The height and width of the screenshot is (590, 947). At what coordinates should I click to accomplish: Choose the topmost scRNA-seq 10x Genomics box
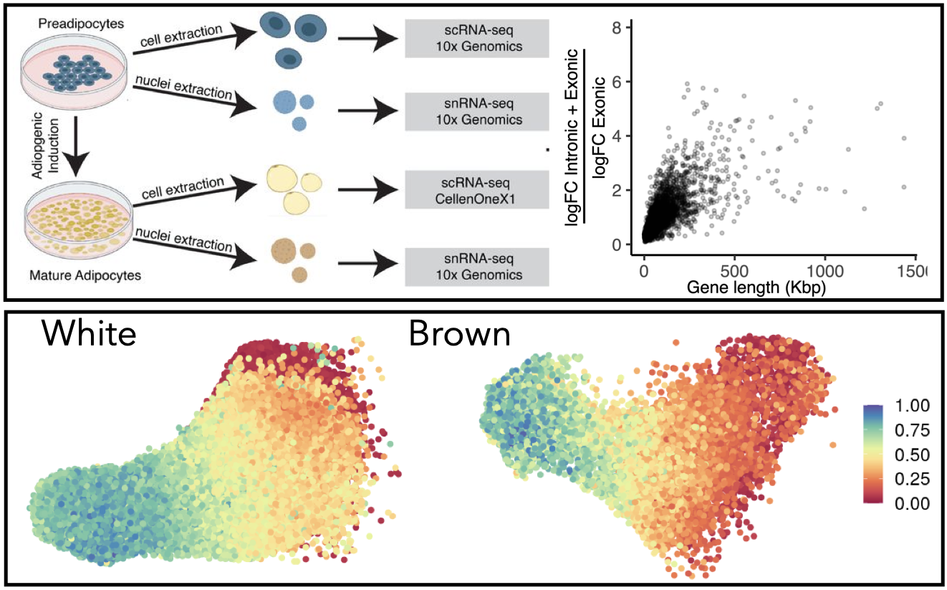point(476,38)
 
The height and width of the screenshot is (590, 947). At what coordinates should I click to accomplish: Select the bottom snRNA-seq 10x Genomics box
point(476,267)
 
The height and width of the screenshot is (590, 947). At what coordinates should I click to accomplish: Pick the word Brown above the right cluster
point(460,336)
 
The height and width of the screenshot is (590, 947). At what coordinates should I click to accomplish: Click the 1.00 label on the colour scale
point(912,406)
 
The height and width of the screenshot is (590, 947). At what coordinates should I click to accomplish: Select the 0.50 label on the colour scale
point(912,455)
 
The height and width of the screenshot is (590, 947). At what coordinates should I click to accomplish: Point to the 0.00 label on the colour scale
point(912,503)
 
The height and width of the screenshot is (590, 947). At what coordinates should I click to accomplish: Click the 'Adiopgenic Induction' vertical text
point(42,144)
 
